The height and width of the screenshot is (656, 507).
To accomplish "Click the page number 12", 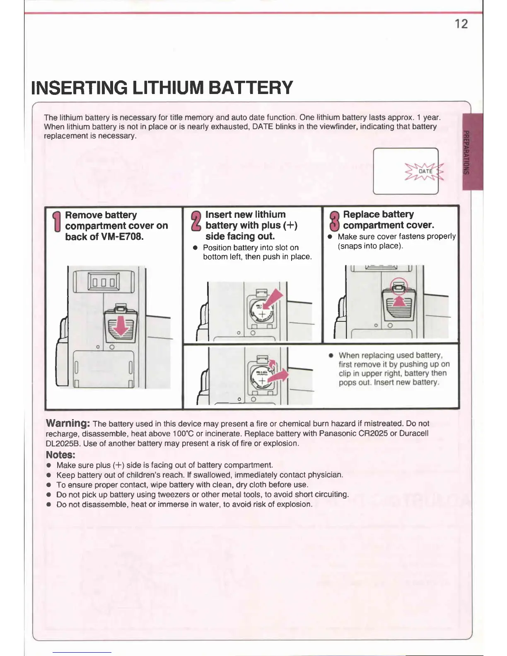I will (461, 24).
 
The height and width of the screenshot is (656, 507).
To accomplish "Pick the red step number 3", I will (334, 221).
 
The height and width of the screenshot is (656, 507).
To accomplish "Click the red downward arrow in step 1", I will (121, 327).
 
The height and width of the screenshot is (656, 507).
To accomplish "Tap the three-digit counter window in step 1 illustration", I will (104, 282).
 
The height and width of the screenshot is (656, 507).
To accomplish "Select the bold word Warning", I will (68, 423).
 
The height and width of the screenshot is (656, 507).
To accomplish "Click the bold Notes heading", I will (60, 455).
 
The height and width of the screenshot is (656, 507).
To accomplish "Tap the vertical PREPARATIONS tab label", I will (466, 152).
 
